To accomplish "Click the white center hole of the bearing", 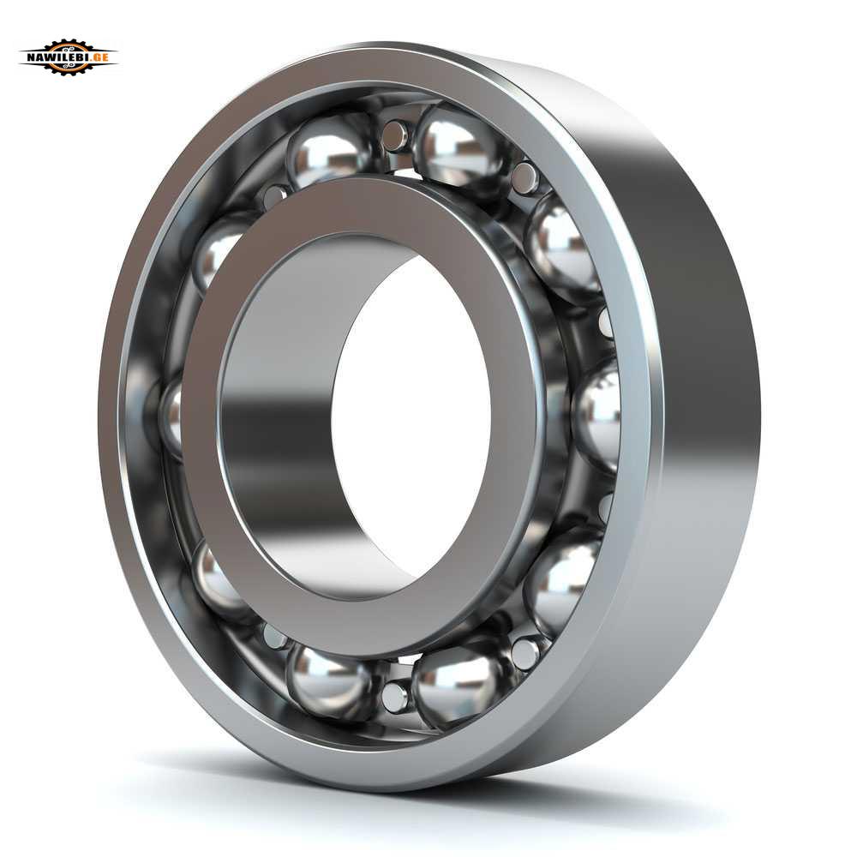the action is pos(410,418).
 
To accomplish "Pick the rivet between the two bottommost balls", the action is pos(394,697).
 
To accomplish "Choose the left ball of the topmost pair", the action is pos(328,151).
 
